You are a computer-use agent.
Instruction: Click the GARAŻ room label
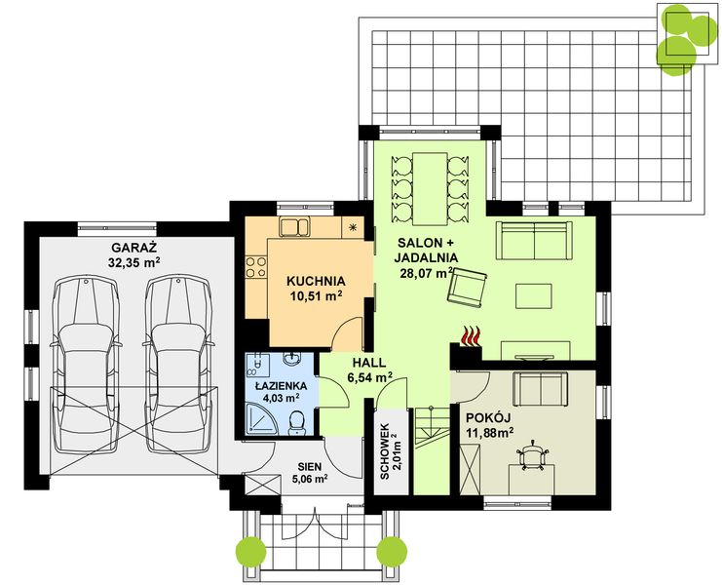coord(134,248)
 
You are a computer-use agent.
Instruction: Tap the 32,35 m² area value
coord(134,262)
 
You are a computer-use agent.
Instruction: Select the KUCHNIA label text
coord(316,281)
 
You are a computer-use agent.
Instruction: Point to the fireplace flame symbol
coord(471,335)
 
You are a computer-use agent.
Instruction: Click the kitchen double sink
coord(294,227)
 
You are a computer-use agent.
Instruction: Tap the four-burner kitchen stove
coord(256,267)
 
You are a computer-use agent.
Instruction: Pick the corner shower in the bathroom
coord(260,418)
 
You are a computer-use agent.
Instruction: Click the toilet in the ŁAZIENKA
coord(296,423)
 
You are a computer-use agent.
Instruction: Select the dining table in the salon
coord(430,189)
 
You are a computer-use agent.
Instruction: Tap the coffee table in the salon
coord(534,296)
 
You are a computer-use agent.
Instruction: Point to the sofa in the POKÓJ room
coord(540,390)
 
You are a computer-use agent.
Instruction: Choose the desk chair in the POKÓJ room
coord(533,455)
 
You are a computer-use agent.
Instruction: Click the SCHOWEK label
coord(385,451)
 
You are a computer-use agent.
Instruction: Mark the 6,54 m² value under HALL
coord(369,378)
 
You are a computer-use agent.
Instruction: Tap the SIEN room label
coord(310,466)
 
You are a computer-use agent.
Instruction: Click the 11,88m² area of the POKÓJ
coord(490,433)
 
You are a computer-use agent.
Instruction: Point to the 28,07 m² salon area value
coord(427,273)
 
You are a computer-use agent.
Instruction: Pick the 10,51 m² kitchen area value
coord(316,295)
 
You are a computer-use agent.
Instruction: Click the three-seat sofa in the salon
coord(534,241)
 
